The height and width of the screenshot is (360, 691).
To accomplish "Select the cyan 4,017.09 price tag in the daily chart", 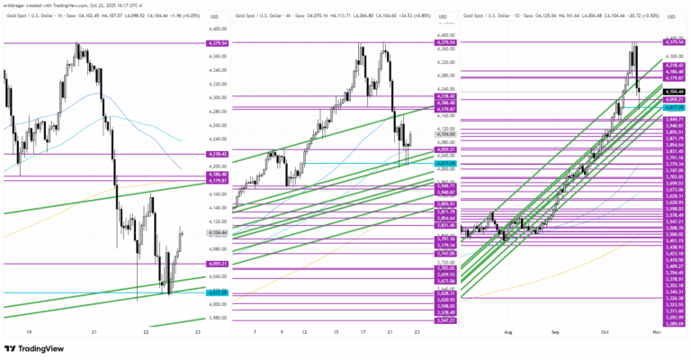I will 673,106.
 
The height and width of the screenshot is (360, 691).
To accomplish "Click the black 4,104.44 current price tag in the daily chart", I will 673,91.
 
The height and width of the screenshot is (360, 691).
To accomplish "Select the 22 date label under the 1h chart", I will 146,332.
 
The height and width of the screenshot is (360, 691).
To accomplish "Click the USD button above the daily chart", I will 673,16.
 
